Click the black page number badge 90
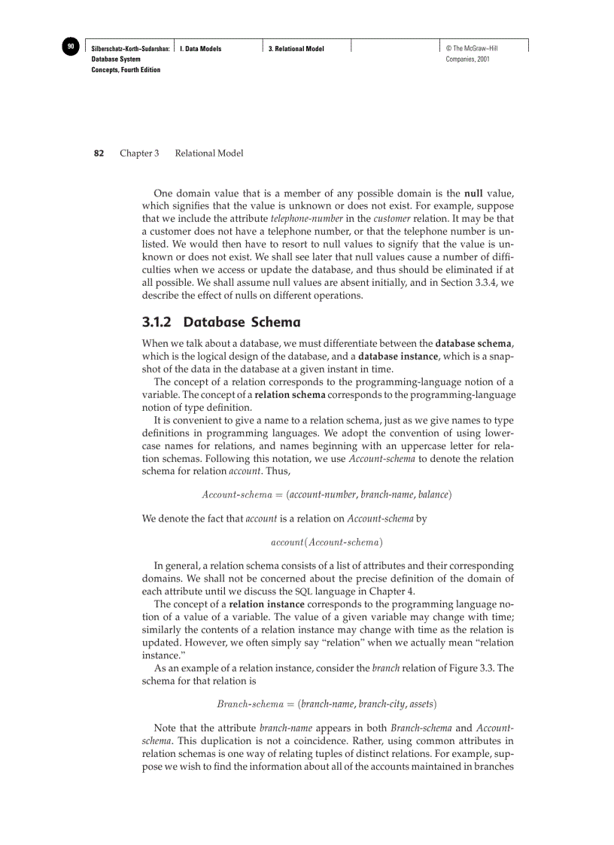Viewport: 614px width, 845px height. tap(70, 47)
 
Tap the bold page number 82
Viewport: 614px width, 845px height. tap(99, 153)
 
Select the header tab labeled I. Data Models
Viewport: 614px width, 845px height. tap(201, 49)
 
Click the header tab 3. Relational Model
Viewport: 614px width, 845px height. tap(296, 49)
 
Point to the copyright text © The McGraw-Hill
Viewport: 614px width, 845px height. tap(472, 49)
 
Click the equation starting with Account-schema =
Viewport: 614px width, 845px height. tap(327, 494)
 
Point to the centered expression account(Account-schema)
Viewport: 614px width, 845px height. tap(327, 541)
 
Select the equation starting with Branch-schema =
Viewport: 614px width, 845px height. tap(327, 704)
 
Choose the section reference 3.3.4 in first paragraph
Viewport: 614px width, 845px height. tap(479, 282)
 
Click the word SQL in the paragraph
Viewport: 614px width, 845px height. tap(303, 590)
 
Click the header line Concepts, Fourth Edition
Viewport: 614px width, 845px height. tap(126, 70)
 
